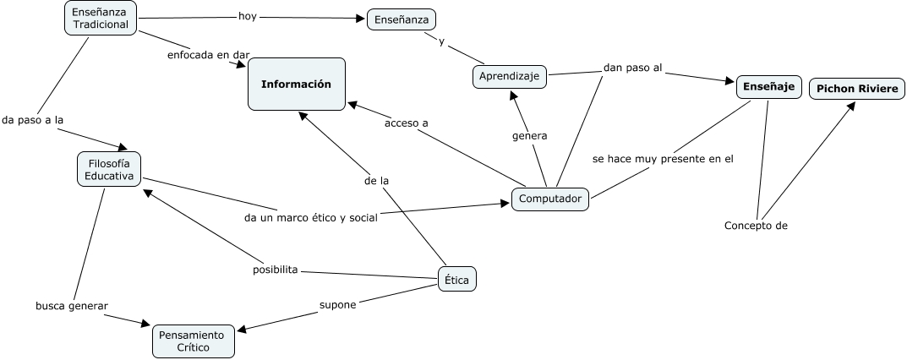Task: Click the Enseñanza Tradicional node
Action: click(x=101, y=18)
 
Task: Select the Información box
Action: click(x=296, y=84)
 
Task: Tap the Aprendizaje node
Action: click(x=510, y=76)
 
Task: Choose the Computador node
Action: click(x=550, y=199)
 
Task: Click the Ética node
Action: click(x=457, y=279)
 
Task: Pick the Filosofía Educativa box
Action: click(x=109, y=169)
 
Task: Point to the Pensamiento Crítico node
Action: click(x=193, y=341)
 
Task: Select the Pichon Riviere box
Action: click(x=857, y=89)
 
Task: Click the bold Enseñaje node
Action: click(x=768, y=86)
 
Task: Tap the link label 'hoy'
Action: click(x=248, y=15)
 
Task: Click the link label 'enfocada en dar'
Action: click(x=208, y=55)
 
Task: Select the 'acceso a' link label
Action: click(x=407, y=123)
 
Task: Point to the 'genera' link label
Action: click(x=530, y=135)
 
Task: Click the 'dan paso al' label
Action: click(x=632, y=68)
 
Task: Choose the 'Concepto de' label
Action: click(x=756, y=225)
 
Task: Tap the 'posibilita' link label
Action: click(x=276, y=270)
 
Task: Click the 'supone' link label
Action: click(x=337, y=304)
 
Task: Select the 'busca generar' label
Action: click(x=72, y=305)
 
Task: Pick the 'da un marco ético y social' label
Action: click(x=310, y=217)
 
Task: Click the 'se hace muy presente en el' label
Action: click(x=663, y=158)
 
